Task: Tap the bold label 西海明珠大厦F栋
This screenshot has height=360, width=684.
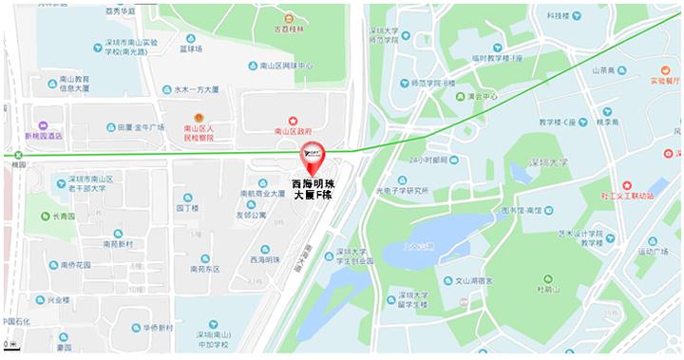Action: coord(312,187)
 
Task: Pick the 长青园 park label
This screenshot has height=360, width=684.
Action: coord(64,217)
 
